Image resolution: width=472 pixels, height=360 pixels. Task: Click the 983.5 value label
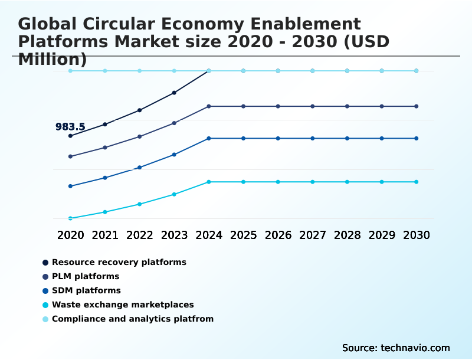point(70,127)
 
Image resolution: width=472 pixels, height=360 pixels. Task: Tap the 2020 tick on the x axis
point(70,235)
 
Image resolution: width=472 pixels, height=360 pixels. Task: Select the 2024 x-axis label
point(209,235)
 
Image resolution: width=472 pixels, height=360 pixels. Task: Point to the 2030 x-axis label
point(416,235)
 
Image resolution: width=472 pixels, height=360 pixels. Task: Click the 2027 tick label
point(313,235)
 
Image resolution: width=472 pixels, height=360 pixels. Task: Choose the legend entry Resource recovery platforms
point(119,262)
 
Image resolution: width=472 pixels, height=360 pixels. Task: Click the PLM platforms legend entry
point(86,276)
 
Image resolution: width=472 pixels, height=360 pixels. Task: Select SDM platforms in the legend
point(86,290)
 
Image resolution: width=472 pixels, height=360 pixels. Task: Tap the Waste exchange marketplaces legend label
point(123,305)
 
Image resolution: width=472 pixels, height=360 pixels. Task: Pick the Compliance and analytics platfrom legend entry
point(133,319)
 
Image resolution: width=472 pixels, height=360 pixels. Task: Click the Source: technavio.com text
point(396,348)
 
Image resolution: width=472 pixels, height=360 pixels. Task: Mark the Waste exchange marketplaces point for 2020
point(70,218)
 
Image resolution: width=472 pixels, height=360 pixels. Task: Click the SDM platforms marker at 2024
point(209,138)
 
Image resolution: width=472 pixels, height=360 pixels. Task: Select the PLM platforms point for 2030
point(416,106)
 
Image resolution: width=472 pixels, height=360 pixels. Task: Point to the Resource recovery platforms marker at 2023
point(174,93)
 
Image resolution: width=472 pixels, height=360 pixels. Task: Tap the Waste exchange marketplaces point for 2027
point(313,182)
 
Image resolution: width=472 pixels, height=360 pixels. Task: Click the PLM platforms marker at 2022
point(139,136)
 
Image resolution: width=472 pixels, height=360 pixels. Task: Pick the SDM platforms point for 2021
point(105,178)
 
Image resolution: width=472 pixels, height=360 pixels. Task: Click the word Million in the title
point(52,60)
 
